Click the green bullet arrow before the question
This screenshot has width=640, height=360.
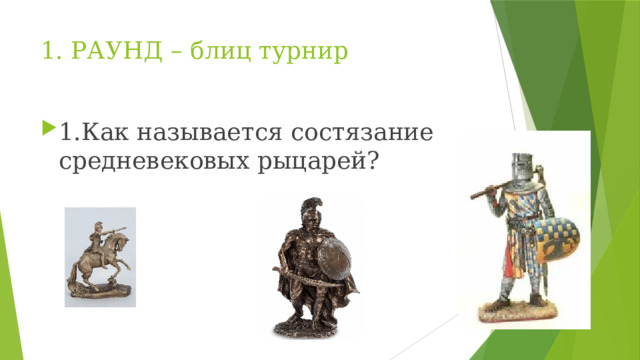pos(49,131)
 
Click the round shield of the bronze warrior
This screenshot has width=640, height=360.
pos(334,259)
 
